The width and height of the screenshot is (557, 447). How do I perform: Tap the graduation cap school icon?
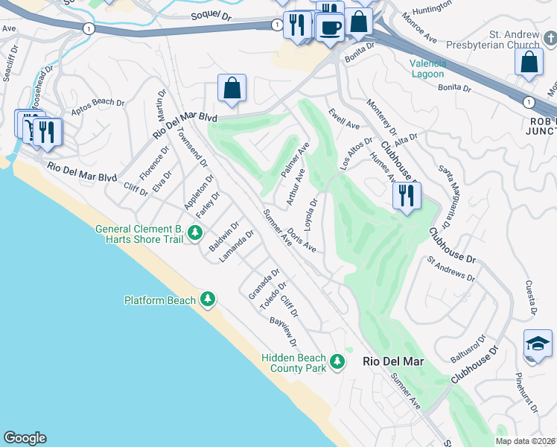[538, 344]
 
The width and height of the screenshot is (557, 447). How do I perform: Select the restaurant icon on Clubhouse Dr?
[407, 197]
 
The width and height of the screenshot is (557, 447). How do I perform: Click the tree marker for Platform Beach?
[208, 300]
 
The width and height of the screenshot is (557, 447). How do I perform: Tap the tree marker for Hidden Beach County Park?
[337, 363]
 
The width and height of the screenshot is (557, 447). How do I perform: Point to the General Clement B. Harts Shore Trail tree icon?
[195, 234]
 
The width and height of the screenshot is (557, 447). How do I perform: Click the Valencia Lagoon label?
[427, 69]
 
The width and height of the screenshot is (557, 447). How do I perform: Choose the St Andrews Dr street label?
[451, 269]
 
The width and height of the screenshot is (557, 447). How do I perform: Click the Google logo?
[25, 438]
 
